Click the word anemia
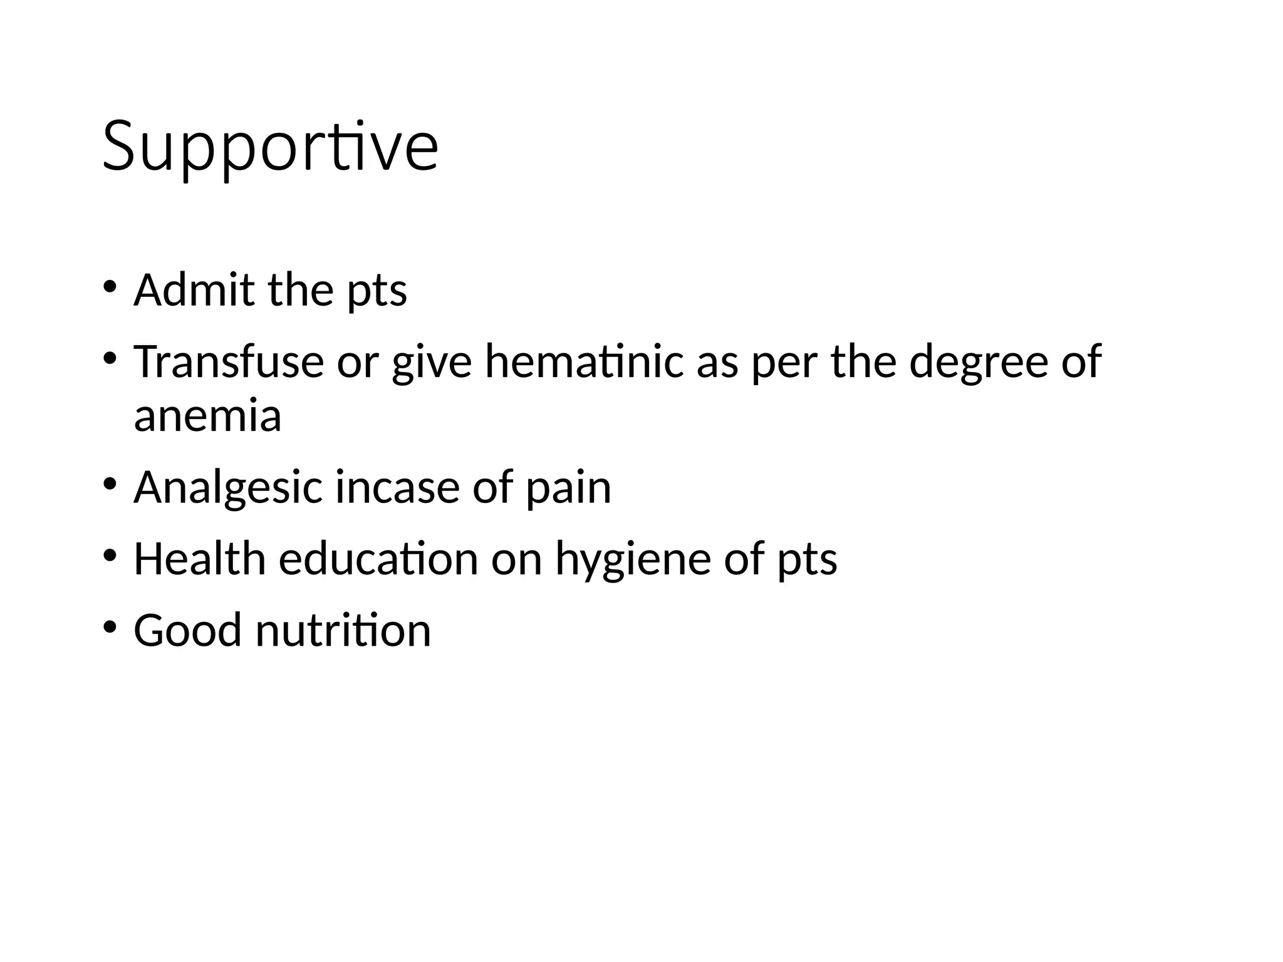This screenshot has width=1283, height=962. (207, 416)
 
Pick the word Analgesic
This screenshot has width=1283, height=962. (228, 488)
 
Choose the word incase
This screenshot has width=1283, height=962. (397, 488)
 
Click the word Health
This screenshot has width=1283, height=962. (200, 559)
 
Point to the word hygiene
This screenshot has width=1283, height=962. (633, 560)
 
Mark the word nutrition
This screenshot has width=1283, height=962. (343, 630)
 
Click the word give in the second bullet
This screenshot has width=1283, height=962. (432, 363)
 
